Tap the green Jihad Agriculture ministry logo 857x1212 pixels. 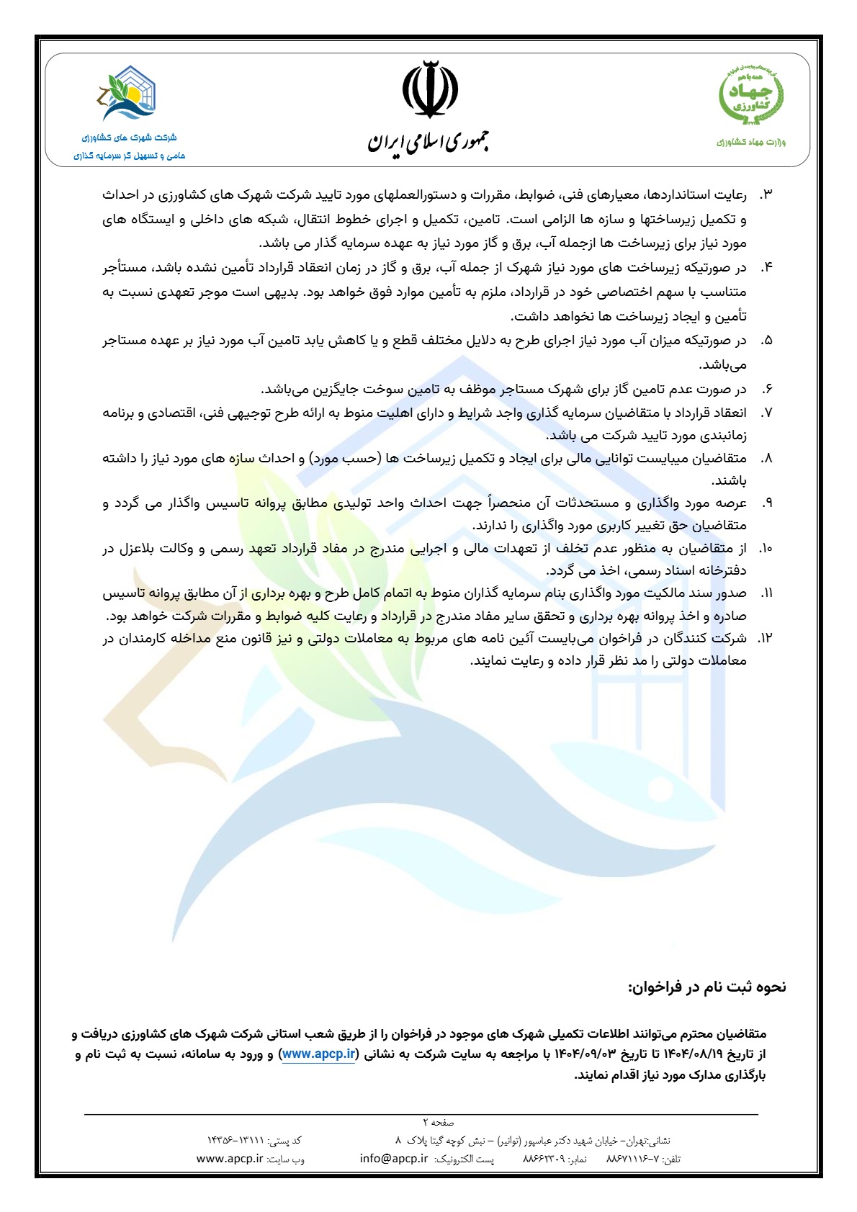pyautogui.click(x=751, y=96)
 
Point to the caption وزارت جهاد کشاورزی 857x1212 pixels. pyautogui.click(x=751, y=142)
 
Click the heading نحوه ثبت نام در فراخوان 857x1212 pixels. pyautogui.click(x=706, y=987)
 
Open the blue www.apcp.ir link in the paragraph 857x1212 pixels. pyautogui.click(x=318, y=1054)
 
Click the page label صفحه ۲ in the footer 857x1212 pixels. pyautogui.click(x=439, y=1122)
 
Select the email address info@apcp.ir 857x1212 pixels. pyautogui.click(x=394, y=1159)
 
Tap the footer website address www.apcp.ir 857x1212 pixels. pyautogui.click(x=230, y=1159)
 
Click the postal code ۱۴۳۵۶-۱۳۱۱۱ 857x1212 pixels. pyautogui.click(x=235, y=1141)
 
